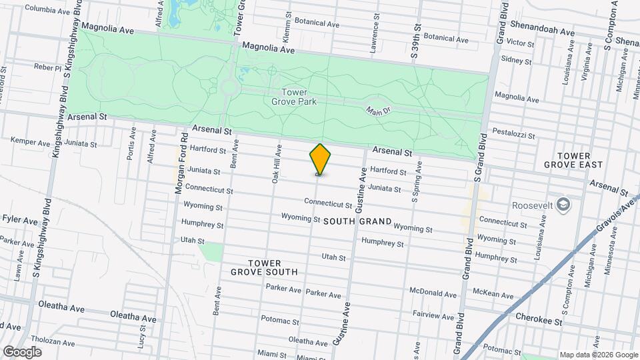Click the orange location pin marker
coord(320,159)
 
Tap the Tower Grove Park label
coord(294,97)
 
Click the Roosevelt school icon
coord(564,204)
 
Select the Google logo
coord(22,351)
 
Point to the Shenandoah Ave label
coord(542,32)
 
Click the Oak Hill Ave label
coord(275,165)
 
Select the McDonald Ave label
coord(433,293)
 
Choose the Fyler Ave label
coord(20,219)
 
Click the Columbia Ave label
coord(48,9)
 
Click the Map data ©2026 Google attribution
coord(599,355)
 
